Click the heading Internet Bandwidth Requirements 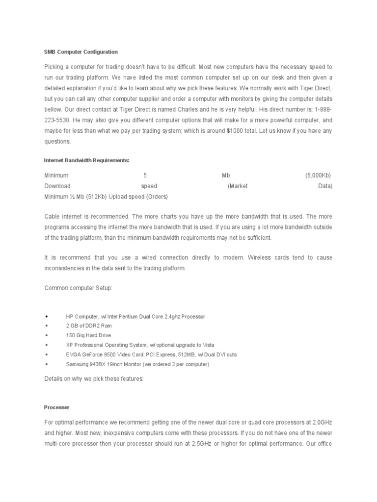86,160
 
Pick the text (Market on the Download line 238,186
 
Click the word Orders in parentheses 157,197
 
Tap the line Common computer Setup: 78,288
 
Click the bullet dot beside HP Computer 46,317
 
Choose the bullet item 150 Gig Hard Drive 88,335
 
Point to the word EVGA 73,354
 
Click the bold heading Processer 56,407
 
